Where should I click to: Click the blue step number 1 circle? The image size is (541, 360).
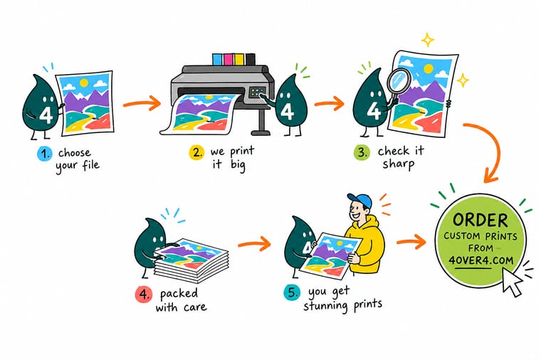click(x=45, y=154)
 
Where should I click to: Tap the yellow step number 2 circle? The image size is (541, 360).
click(x=196, y=152)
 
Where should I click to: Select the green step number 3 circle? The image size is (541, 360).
click(x=362, y=152)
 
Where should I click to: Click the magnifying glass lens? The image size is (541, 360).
click(x=398, y=80)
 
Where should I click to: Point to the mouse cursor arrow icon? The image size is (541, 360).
click(x=513, y=281)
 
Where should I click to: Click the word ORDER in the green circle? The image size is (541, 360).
click(x=480, y=220)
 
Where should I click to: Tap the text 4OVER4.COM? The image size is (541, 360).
click(x=481, y=260)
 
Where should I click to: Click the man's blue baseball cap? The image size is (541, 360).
click(x=360, y=200)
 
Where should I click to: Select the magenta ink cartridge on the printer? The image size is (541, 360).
click(x=228, y=59)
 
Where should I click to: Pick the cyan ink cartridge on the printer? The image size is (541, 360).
click(x=217, y=59)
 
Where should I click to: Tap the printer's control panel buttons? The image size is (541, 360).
click(x=257, y=92)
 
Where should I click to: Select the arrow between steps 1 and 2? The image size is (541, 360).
click(x=142, y=103)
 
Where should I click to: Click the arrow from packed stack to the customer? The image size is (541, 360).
click(x=255, y=243)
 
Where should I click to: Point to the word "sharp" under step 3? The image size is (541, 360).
click(x=398, y=164)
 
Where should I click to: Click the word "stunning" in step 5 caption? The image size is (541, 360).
click(x=325, y=306)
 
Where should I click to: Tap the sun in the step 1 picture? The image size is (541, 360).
click(x=84, y=83)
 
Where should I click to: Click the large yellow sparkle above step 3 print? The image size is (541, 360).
click(x=428, y=40)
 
